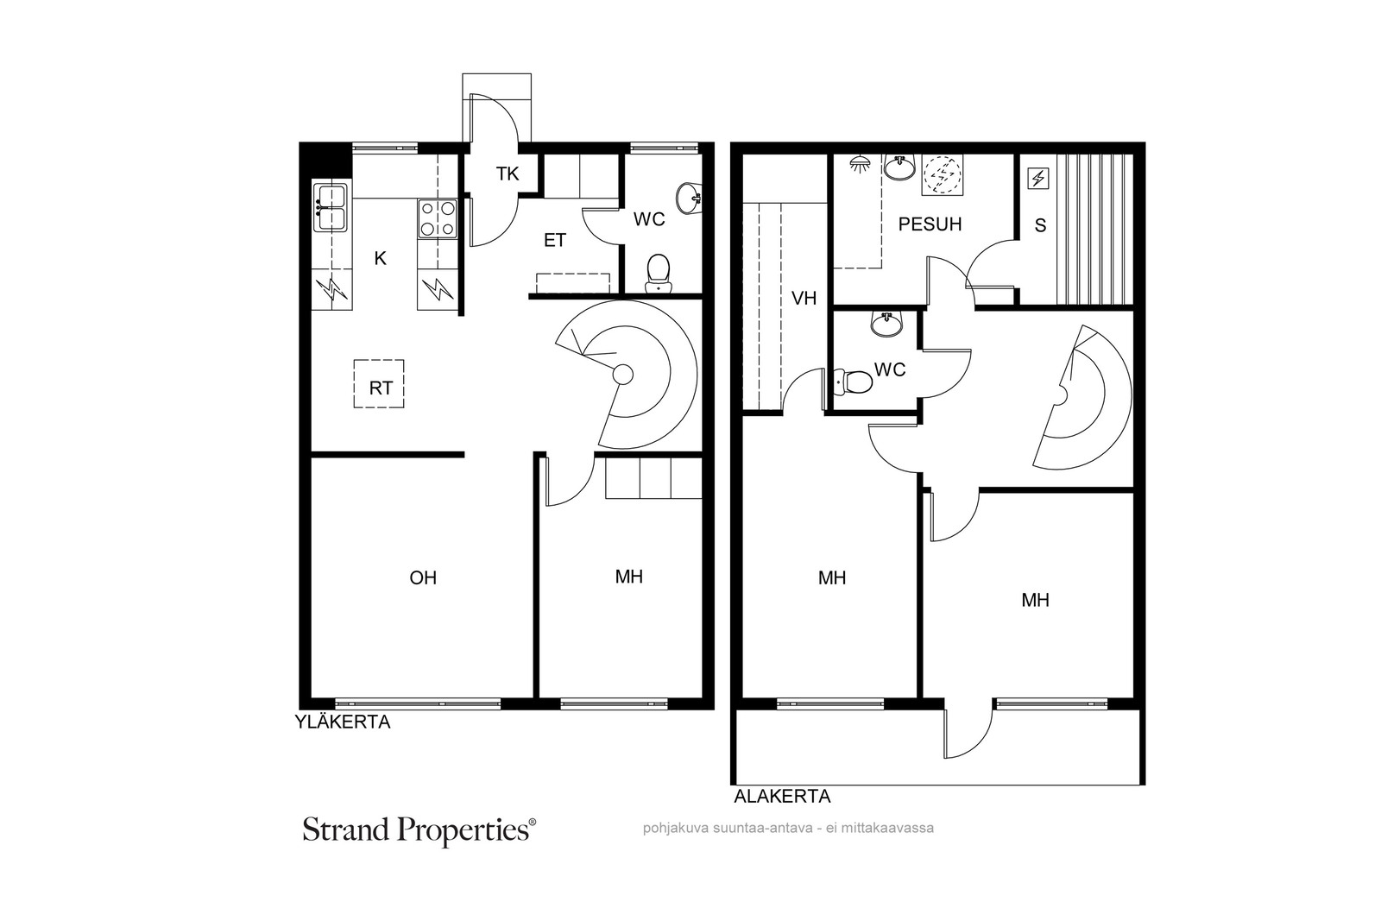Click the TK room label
(508, 173)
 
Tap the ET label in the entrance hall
(555, 240)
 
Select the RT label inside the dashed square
(381, 388)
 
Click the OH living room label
(423, 577)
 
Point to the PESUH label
(930, 224)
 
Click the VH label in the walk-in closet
(804, 299)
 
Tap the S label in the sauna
(1040, 225)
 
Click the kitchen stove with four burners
(437, 219)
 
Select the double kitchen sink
(331, 208)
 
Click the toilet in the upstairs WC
(659, 273)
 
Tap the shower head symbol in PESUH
(858, 164)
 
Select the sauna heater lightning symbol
(1038, 179)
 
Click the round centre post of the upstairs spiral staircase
(622, 374)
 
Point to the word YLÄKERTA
(342, 722)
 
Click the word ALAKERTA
(782, 797)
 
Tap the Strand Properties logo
(419, 830)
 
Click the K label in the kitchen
(381, 258)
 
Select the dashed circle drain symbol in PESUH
(943, 175)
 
